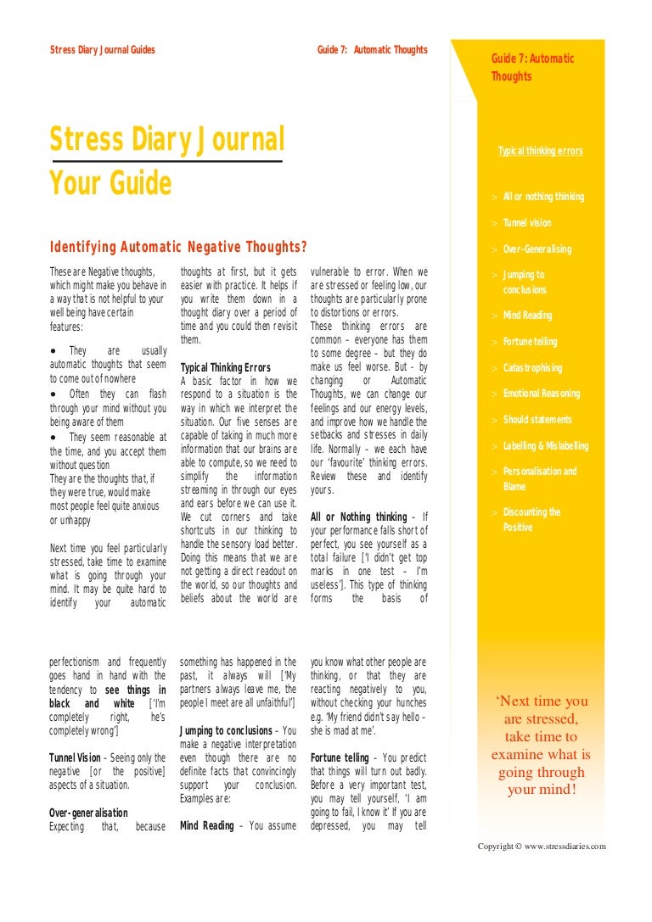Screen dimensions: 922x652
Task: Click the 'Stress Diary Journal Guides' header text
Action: (x=103, y=50)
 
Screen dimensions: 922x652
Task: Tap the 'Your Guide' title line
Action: (x=110, y=182)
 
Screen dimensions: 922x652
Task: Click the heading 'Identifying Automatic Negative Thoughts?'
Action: (x=178, y=247)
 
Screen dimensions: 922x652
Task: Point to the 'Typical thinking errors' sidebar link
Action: (x=541, y=151)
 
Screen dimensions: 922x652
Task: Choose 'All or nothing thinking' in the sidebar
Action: (x=543, y=197)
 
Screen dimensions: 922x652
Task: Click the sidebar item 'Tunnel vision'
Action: (x=527, y=223)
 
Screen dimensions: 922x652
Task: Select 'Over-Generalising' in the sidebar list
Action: (x=537, y=249)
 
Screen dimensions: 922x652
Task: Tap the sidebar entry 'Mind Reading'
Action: (x=527, y=316)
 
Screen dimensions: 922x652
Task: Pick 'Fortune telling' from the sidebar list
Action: (x=531, y=342)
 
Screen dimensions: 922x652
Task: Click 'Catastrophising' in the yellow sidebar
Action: (x=532, y=368)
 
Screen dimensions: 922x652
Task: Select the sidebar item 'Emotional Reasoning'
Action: (x=542, y=394)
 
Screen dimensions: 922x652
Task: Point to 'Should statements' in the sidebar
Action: (x=537, y=420)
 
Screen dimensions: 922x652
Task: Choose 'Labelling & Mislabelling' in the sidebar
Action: (x=545, y=446)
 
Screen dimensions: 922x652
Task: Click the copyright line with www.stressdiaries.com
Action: (x=542, y=847)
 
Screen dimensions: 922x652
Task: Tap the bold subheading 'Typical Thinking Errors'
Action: (x=226, y=368)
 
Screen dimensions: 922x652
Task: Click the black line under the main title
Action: (x=166, y=160)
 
